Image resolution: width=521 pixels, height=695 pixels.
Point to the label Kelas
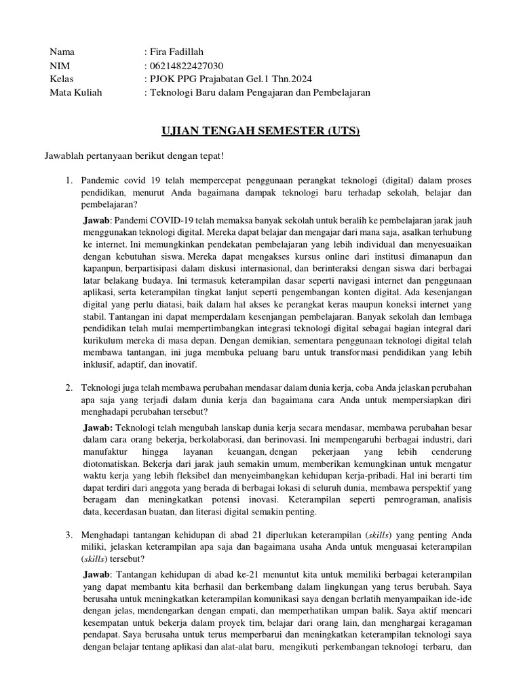[62, 79]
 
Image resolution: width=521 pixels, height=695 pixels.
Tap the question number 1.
[69, 180]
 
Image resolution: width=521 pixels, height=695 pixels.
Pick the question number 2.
[69, 387]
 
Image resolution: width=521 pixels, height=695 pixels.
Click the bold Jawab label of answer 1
[96, 221]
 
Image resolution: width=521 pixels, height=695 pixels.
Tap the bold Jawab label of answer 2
[98, 428]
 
